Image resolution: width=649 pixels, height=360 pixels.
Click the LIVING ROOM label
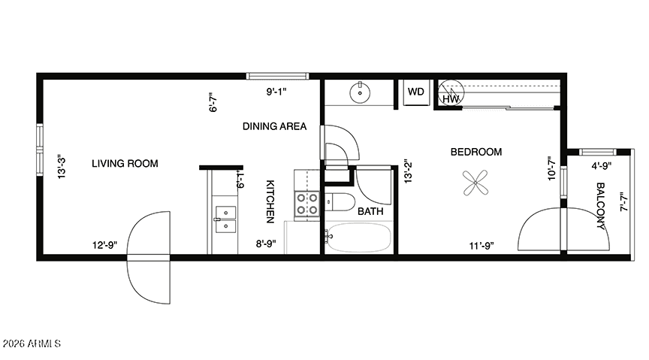click(x=125, y=164)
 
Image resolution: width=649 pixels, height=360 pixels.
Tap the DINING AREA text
click(x=274, y=126)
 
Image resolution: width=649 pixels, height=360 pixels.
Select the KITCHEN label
click(x=270, y=201)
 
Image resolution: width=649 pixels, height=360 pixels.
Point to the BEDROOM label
click(x=476, y=152)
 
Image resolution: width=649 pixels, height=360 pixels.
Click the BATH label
click(x=370, y=211)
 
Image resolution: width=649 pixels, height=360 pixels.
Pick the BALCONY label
click(x=600, y=206)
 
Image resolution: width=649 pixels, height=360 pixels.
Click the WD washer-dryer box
click(x=416, y=92)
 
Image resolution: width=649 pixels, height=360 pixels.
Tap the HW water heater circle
click(x=451, y=92)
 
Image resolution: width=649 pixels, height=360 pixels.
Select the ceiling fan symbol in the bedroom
click(x=475, y=183)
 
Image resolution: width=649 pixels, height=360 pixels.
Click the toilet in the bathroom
click(x=340, y=203)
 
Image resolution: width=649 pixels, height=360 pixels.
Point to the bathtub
click(x=358, y=237)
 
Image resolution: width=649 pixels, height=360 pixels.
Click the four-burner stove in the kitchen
click(x=307, y=204)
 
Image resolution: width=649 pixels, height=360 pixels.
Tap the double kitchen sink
click(x=225, y=219)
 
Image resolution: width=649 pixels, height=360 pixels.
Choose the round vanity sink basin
click(x=360, y=93)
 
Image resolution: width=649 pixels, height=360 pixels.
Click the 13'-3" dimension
click(x=62, y=168)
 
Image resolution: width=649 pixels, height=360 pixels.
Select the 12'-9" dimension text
click(x=104, y=245)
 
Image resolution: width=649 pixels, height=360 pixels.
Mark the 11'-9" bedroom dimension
click(x=481, y=246)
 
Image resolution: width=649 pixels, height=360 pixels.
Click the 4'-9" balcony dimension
click(x=602, y=166)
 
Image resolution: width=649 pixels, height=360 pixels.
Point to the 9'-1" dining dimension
click(x=276, y=92)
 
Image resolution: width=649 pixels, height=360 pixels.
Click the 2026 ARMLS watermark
click(x=32, y=344)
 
